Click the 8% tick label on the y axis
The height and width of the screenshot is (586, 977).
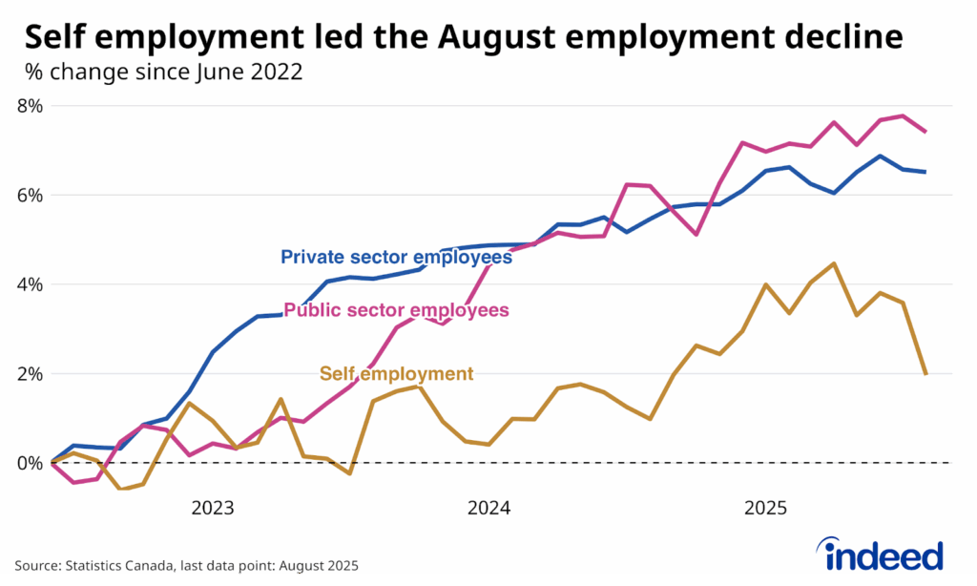pyautogui.click(x=31, y=105)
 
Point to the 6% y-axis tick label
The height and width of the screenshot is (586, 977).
pyautogui.click(x=31, y=195)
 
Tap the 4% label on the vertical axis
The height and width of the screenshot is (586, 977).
pyautogui.click(x=31, y=284)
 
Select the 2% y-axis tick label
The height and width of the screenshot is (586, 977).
pyautogui.click(x=31, y=373)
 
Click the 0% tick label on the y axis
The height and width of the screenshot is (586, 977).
pyautogui.click(x=31, y=463)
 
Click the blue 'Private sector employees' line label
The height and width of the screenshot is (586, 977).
pyautogui.click(x=396, y=257)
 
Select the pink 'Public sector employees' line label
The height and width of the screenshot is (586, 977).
pyautogui.click(x=396, y=310)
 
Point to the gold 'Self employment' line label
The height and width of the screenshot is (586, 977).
pyautogui.click(x=396, y=373)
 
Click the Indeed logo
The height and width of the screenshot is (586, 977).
pyautogui.click(x=879, y=555)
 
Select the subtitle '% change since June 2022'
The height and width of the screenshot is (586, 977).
pyautogui.click(x=162, y=72)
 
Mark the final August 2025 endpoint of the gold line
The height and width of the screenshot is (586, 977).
pyautogui.click(x=925, y=373)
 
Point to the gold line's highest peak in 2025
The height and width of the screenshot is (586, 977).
pyautogui.click(x=834, y=263)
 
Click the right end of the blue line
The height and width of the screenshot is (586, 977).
pyautogui.click(x=925, y=172)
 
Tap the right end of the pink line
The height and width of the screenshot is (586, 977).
pyautogui.click(x=925, y=132)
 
